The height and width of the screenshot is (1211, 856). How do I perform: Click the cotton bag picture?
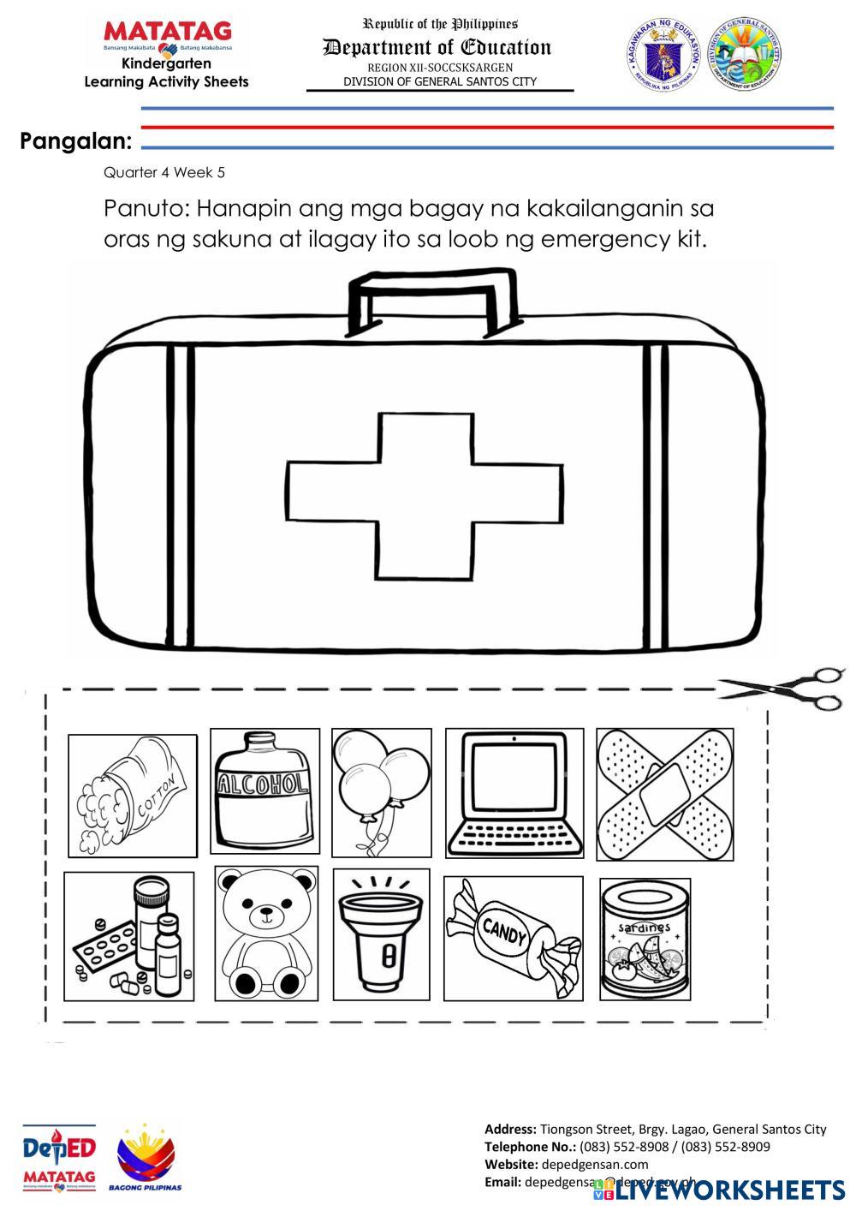(x=132, y=795)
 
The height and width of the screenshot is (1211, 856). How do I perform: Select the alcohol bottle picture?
(x=265, y=792)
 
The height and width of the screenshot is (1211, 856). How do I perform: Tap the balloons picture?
(x=381, y=792)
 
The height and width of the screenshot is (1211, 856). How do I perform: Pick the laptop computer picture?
(x=514, y=792)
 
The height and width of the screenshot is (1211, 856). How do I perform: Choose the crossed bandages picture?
(x=665, y=794)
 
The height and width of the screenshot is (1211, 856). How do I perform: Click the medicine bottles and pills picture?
(x=128, y=935)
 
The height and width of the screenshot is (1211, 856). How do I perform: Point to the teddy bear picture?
(x=266, y=934)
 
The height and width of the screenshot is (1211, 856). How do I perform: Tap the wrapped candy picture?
(x=513, y=937)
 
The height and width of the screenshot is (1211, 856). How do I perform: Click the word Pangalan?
(x=76, y=141)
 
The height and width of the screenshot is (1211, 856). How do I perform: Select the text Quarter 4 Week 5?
(x=164, y=172)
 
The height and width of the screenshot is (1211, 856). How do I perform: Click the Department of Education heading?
(x=437, y=48)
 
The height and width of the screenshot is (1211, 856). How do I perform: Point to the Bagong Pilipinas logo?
(x=146, y=1157)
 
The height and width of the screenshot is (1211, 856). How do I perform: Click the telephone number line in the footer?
(x=627, y=1147)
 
